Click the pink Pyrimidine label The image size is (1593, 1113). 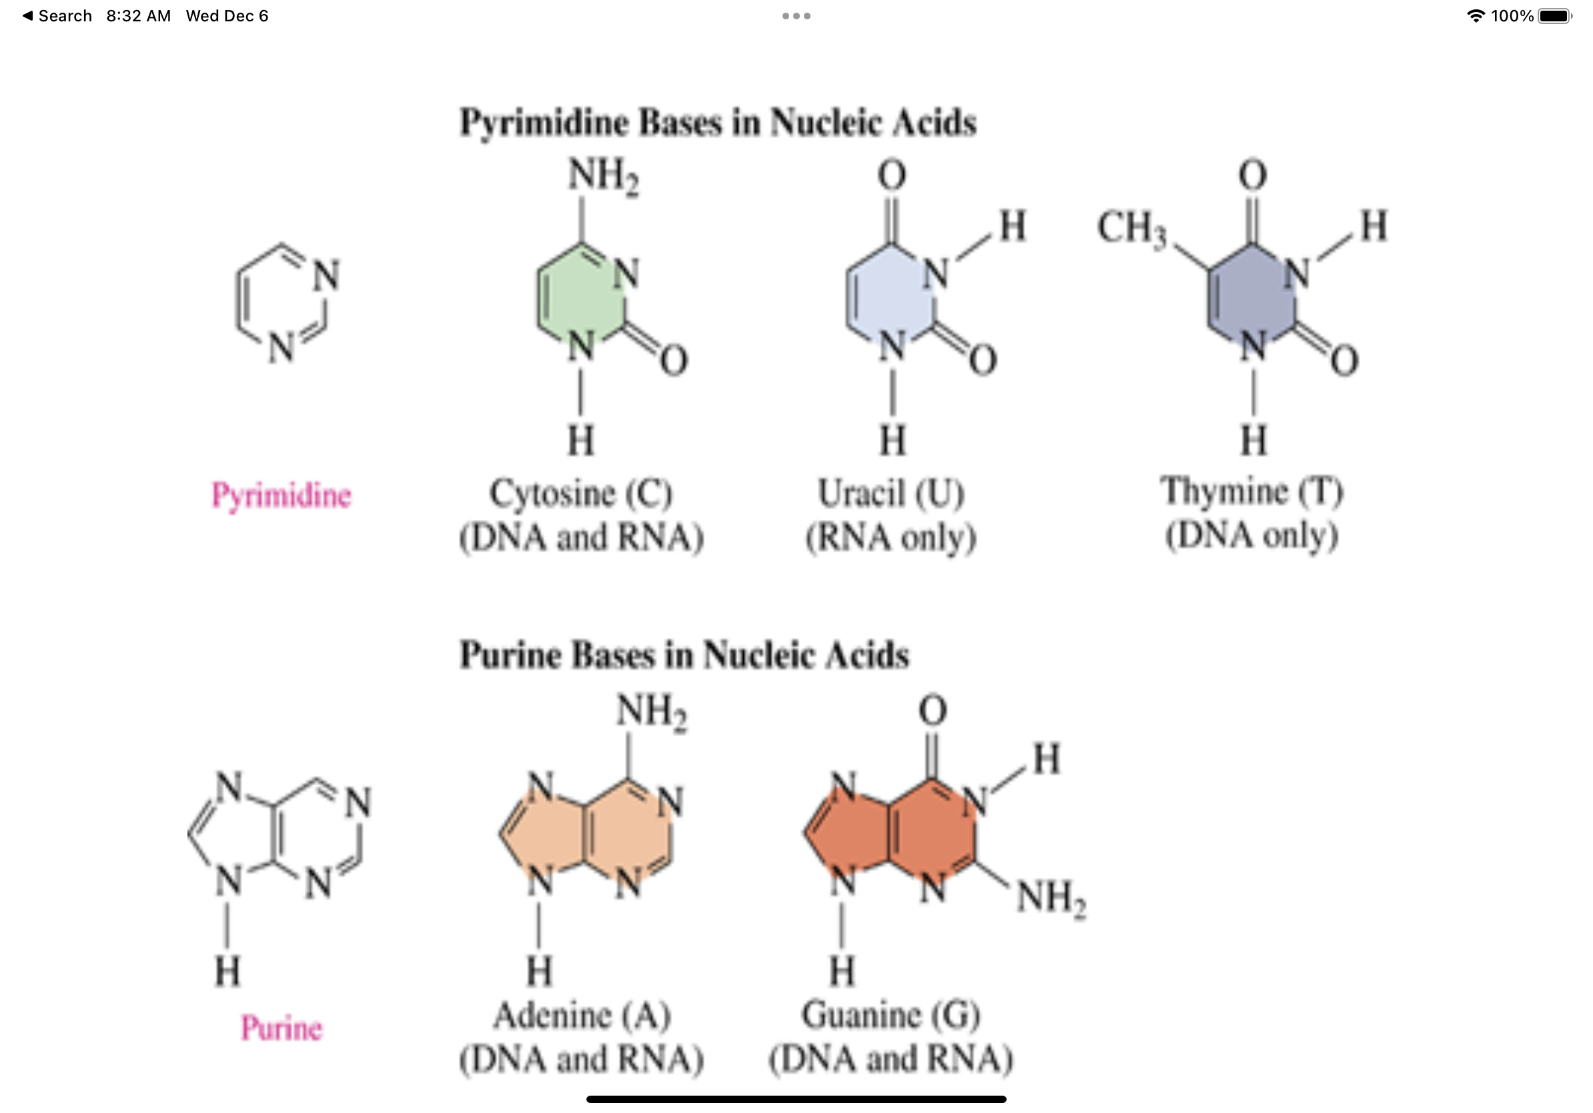[281, 495]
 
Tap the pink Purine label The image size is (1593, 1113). [281, 1028]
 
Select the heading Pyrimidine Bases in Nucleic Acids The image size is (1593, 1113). [718, 123]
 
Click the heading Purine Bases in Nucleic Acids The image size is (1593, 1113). [684, 655]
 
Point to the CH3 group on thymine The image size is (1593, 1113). [1131, 228]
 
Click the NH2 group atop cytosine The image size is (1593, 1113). [602, 175]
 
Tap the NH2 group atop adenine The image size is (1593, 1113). [651, 711]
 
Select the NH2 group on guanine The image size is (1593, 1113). [1051, 897]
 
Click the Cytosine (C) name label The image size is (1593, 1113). [581, 494]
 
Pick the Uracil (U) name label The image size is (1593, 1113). [891, 494]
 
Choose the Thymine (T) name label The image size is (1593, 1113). [1251, 491]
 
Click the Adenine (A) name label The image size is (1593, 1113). [582, 1016]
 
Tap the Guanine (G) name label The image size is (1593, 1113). [891, 1016]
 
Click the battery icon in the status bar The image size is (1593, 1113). [1555, 16]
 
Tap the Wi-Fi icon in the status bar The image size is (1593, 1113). [1476, 16]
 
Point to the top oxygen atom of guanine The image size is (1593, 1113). [932, 711]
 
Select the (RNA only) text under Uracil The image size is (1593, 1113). [891, 537]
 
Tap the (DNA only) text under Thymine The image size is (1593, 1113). [1251, 535]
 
